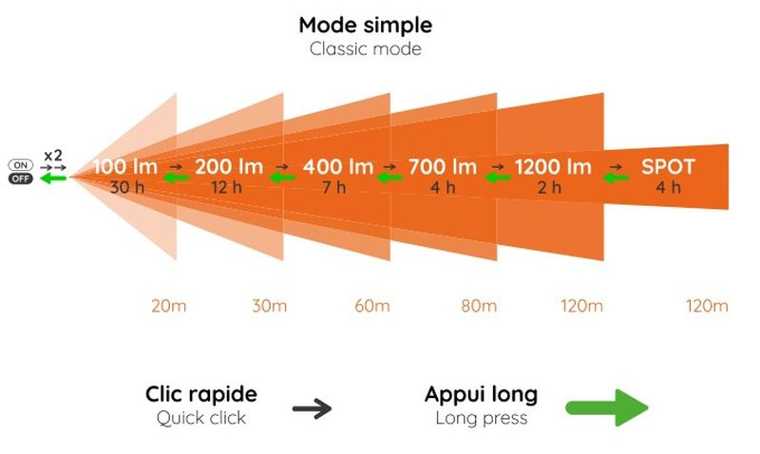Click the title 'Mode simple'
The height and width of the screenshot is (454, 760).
point(366,26)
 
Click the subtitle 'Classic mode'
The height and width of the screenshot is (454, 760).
point(366,49)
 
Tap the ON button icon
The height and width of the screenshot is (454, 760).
point(20,165)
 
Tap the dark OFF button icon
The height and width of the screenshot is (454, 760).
point(20,179)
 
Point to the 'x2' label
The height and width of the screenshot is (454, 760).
point(53,156)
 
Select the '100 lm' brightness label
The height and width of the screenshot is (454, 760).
point(125,167)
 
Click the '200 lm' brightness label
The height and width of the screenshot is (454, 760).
point(229,167)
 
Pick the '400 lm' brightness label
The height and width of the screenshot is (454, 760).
point(338,167)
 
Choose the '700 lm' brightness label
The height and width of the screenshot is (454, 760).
point(443,167)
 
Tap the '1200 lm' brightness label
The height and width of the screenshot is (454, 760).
point(553,167)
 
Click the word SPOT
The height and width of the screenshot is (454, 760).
point(668,167)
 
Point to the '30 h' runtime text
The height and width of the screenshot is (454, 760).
point(127,187)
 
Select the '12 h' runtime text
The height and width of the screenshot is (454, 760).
point(226,187)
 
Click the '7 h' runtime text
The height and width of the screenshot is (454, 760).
point(334,187)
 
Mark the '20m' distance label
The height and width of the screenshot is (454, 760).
point(169,306)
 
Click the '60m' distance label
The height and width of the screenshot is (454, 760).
point(372,306)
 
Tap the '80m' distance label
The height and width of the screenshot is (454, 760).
point(479,306)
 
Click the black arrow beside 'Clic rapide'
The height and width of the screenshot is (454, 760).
point(313,408)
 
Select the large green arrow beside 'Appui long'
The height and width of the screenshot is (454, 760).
point(607,408)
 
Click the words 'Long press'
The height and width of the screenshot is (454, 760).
point(482,418)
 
